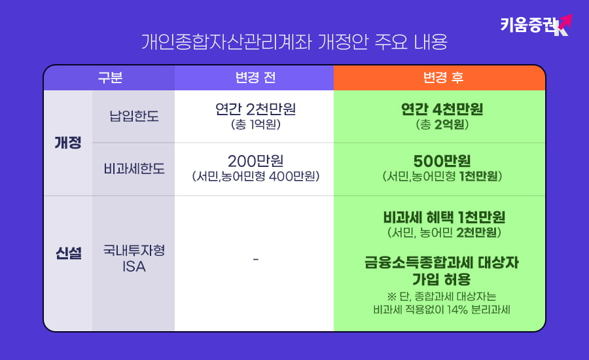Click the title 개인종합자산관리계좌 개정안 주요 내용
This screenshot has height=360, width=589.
(294, 43)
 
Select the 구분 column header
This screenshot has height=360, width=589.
(110, 78)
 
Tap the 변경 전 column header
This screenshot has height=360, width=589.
(255, 78)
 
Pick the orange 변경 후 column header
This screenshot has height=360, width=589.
(439, 78)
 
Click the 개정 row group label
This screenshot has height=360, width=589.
(68, 143)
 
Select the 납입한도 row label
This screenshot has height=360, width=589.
(134, 117)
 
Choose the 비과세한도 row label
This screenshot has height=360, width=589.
(134, 169)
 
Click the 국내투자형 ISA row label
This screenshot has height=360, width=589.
(134, 259)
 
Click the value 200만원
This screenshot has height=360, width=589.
(255, 161)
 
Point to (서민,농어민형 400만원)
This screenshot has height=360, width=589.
(255, 177)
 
